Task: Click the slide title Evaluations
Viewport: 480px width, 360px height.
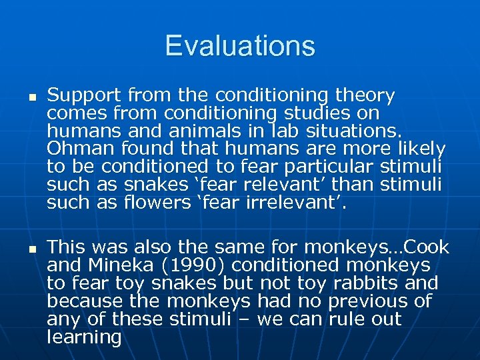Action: click(x=240, y=46)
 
